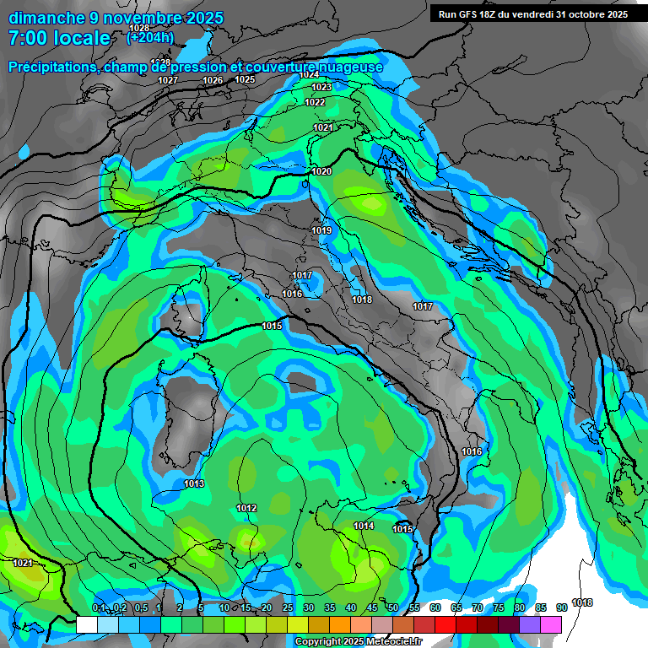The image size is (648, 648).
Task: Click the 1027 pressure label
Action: (168, 80)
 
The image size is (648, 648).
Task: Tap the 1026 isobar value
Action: (213, 80)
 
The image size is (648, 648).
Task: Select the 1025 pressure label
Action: (245, 79)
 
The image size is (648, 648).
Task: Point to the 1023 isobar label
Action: (321, 88)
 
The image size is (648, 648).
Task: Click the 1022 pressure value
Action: (315, 102)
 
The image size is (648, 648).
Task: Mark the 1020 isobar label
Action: (321, 171)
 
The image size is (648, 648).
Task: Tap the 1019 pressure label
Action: (321, 230)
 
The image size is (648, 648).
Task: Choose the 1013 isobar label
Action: (194, 483)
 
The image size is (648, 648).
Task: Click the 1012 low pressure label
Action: (246, 508)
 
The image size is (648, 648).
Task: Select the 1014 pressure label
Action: (364, 526)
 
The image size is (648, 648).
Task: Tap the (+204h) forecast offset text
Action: (149, 37)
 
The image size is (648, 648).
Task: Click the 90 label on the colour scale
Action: (562, 607)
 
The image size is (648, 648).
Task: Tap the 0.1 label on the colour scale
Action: (98, 607)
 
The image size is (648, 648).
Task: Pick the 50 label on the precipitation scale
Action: (393, 607)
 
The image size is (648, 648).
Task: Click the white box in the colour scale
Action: (86, 624)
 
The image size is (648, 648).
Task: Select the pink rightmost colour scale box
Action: (551, 624)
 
